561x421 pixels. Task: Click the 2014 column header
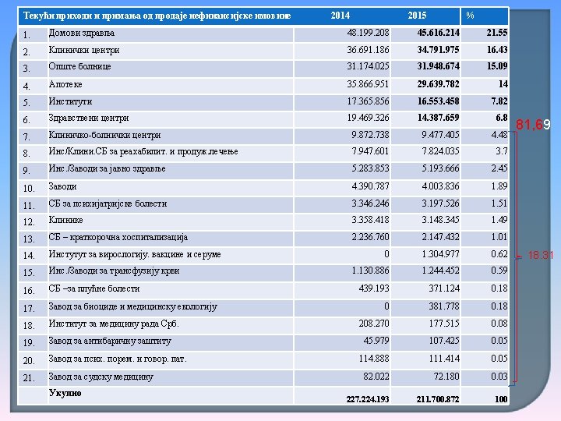coord(340,16)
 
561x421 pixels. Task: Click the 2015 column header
coord(417,16)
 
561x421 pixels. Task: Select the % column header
coord(470,16)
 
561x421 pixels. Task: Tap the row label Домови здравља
coord(82,33)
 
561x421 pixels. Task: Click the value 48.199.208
coord(368,33)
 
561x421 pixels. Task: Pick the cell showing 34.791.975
coord(438,50)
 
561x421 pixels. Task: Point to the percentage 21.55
coord(496,33)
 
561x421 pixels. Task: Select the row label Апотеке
coord(65,84)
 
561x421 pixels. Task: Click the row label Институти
coord(70,101)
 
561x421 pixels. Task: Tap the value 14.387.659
coord(438,118)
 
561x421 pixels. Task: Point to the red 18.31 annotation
coord(541,254)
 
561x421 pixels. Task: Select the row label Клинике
coord(66,220)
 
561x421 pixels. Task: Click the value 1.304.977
coord(440,254)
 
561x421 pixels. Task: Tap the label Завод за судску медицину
coord(101,377)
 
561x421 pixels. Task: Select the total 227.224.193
coord(368,399)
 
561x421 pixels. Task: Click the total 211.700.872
coord(438,399)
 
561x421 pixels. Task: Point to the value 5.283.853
coord(371,168)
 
